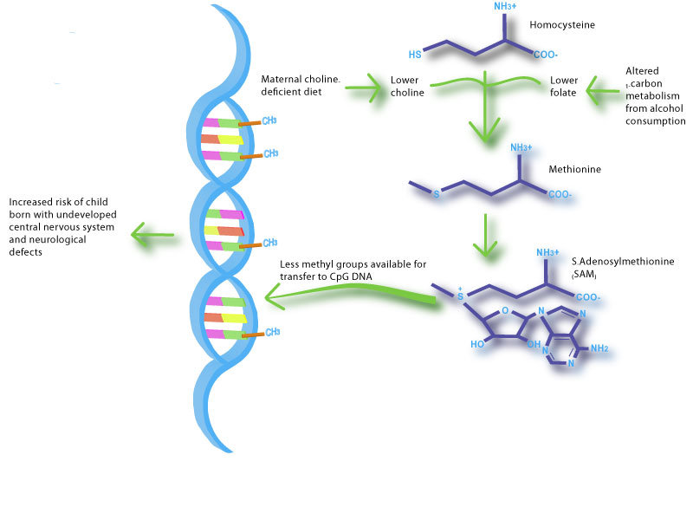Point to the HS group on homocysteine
pos(415,54)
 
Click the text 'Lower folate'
pos(563,88)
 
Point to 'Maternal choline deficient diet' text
pos(301,85)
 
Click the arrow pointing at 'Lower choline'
pos(364,86)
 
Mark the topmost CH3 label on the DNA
pos(270,120)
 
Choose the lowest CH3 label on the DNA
pos(272,332)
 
